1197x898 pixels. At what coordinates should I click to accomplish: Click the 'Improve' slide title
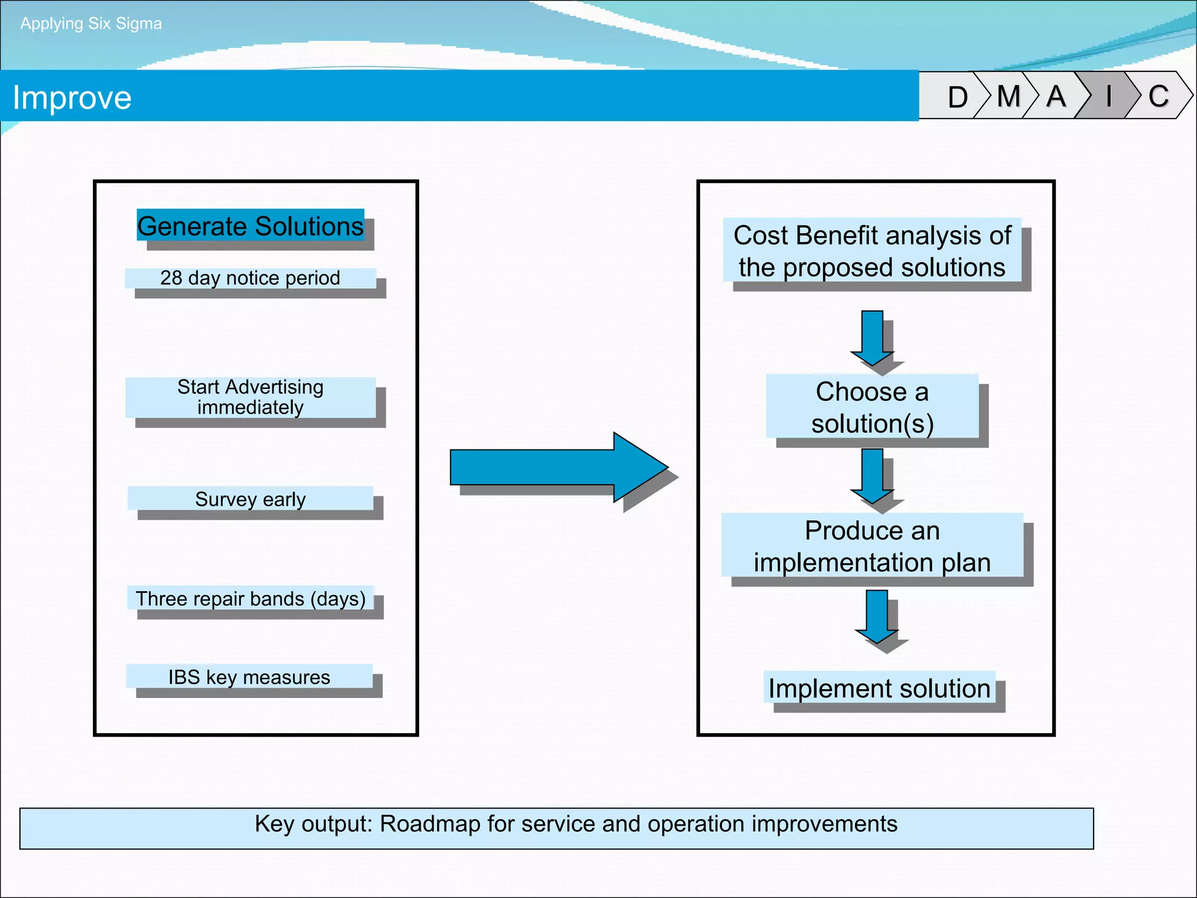point(72,98)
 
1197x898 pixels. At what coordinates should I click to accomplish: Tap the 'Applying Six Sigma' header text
point(91,23)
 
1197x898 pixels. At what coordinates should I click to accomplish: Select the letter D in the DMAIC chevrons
point(957,96)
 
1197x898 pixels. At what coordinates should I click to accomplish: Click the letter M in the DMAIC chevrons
point(1008,96)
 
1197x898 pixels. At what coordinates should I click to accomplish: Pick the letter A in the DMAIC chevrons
point(1056,96)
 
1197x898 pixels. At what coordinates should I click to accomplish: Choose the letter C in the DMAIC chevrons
point(1158,96)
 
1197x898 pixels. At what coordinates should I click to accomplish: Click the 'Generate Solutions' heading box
point(251,226)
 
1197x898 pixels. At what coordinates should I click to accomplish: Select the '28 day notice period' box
point(250,278)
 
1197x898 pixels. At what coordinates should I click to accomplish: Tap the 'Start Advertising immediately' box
point(250,397)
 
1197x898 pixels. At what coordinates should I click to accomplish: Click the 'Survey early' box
point(250,499)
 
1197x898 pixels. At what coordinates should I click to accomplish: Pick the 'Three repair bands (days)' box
point(250,598)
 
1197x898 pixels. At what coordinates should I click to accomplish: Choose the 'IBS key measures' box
point(249,676)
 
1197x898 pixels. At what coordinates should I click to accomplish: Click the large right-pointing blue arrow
point(555,467)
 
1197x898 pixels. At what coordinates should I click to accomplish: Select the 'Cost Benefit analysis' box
point(872,251)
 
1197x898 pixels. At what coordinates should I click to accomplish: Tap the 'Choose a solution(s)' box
point(872,407)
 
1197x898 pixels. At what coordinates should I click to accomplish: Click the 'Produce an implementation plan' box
point(872,545)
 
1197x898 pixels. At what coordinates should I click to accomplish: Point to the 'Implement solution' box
point(879,688)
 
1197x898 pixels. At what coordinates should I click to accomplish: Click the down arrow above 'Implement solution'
point(877,617)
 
